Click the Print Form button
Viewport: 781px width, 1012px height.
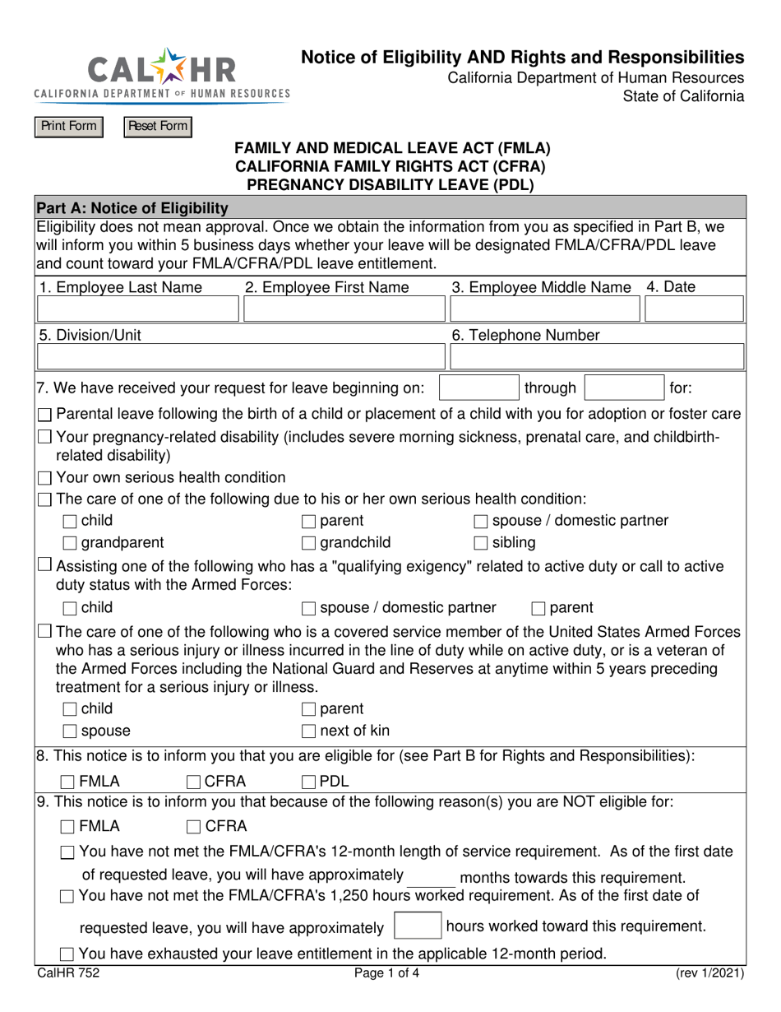(x=68, y=127)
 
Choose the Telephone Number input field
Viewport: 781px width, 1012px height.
(x=598, y=357)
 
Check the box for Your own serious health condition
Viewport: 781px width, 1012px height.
(x=46, y=478)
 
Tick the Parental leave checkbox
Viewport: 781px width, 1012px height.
(x=46, y=414)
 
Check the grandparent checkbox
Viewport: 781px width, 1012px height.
(x=70, y=543)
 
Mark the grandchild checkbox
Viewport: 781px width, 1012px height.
(x=308, y=543)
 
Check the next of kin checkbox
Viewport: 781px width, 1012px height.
(x=308, y=731)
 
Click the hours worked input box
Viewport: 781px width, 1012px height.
(x=418, y=926)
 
